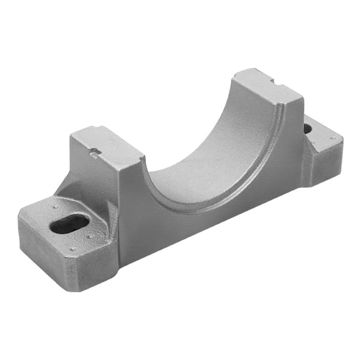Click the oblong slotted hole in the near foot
(69, 224)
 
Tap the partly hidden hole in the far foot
(307, 128)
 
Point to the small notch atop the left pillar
(94, 155)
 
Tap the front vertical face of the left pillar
(132, 204)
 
